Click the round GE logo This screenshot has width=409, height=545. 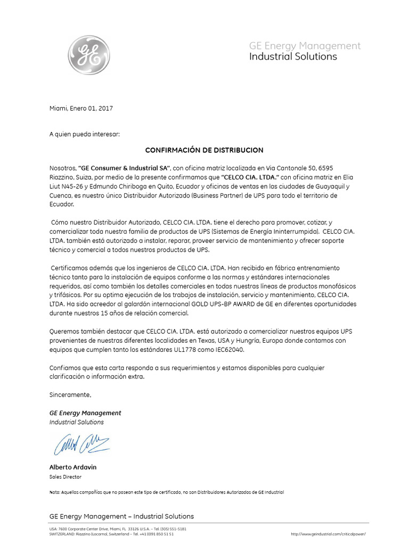pos(89,55)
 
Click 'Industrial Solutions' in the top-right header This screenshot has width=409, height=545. pos(293,57)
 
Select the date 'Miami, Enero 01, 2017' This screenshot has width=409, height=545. pos(81,108)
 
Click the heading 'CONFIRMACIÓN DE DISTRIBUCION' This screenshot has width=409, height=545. pos(204,151)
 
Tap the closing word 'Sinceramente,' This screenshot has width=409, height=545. pos(70,394)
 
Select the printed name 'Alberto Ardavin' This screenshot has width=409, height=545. pos(73,467)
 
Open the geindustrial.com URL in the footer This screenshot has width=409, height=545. pos(328,533)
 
